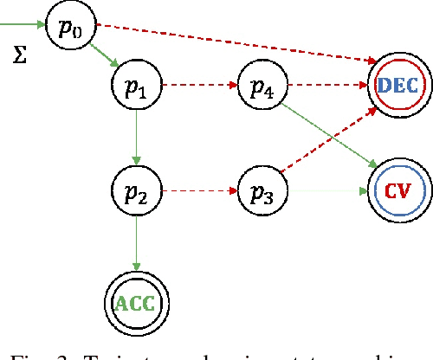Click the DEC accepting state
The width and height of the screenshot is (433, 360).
pos(397,84)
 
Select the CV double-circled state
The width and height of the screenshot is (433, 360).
pos(397,190)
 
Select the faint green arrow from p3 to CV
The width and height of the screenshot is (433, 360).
pos(327,189)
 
